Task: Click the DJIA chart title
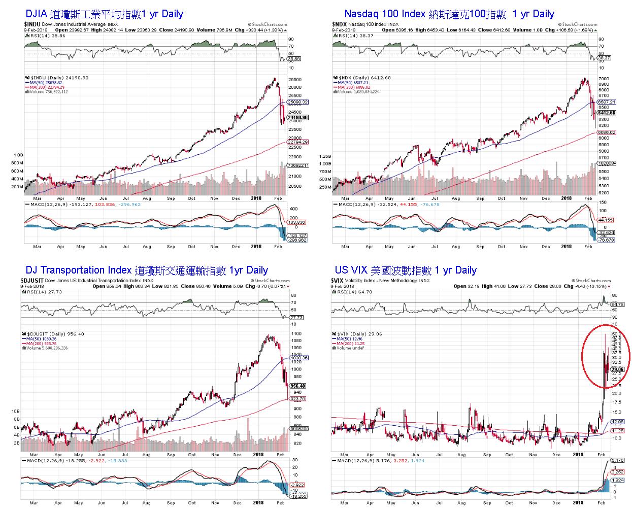coord(104,14)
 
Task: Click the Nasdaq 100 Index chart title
coord(449,14)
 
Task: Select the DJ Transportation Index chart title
coord(146,270)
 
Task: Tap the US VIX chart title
coord(405,270)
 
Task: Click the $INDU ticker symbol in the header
coord(32,24)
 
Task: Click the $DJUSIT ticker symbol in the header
coord(32,281)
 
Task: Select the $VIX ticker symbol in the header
coord(338,281)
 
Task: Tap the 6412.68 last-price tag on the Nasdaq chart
coord(607,113)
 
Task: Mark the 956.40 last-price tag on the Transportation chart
coord(297,386)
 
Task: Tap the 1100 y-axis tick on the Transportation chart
coord(296,334)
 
